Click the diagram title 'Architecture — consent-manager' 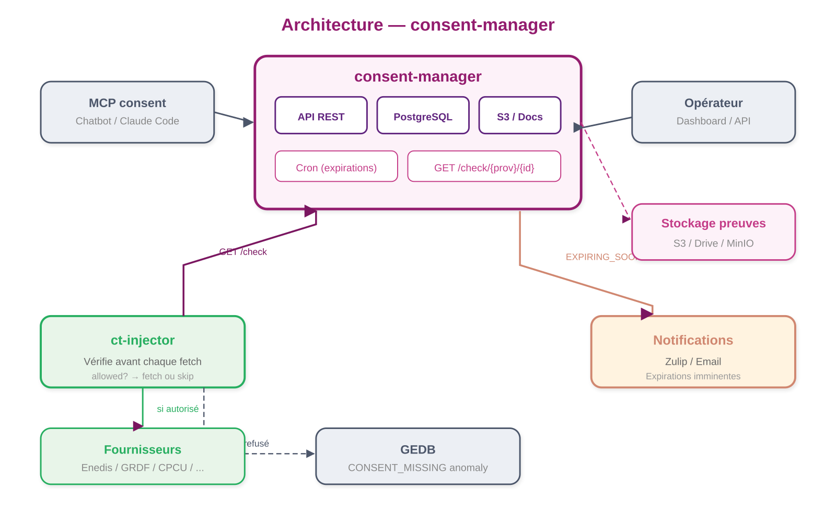(417, 25)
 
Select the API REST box (321, 115)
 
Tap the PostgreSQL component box (423, 115)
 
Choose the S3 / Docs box (519, 115)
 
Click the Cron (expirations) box (336, 167)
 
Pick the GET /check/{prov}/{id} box (484, 167)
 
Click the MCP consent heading (127, 103)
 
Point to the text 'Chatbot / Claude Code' (127, 121)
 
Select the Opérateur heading (713, 103)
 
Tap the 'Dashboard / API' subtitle (713, 121)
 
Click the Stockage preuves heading (713, 223)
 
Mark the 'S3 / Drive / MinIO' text (713, 243)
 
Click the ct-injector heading (143, 340)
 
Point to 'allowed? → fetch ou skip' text (143, 376)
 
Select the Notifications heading (693, 340)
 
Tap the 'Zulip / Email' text (693, 362)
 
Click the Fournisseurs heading (143, 449)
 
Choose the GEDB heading (417, 449)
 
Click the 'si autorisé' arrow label (178, 409)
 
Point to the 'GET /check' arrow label (243, 252)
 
